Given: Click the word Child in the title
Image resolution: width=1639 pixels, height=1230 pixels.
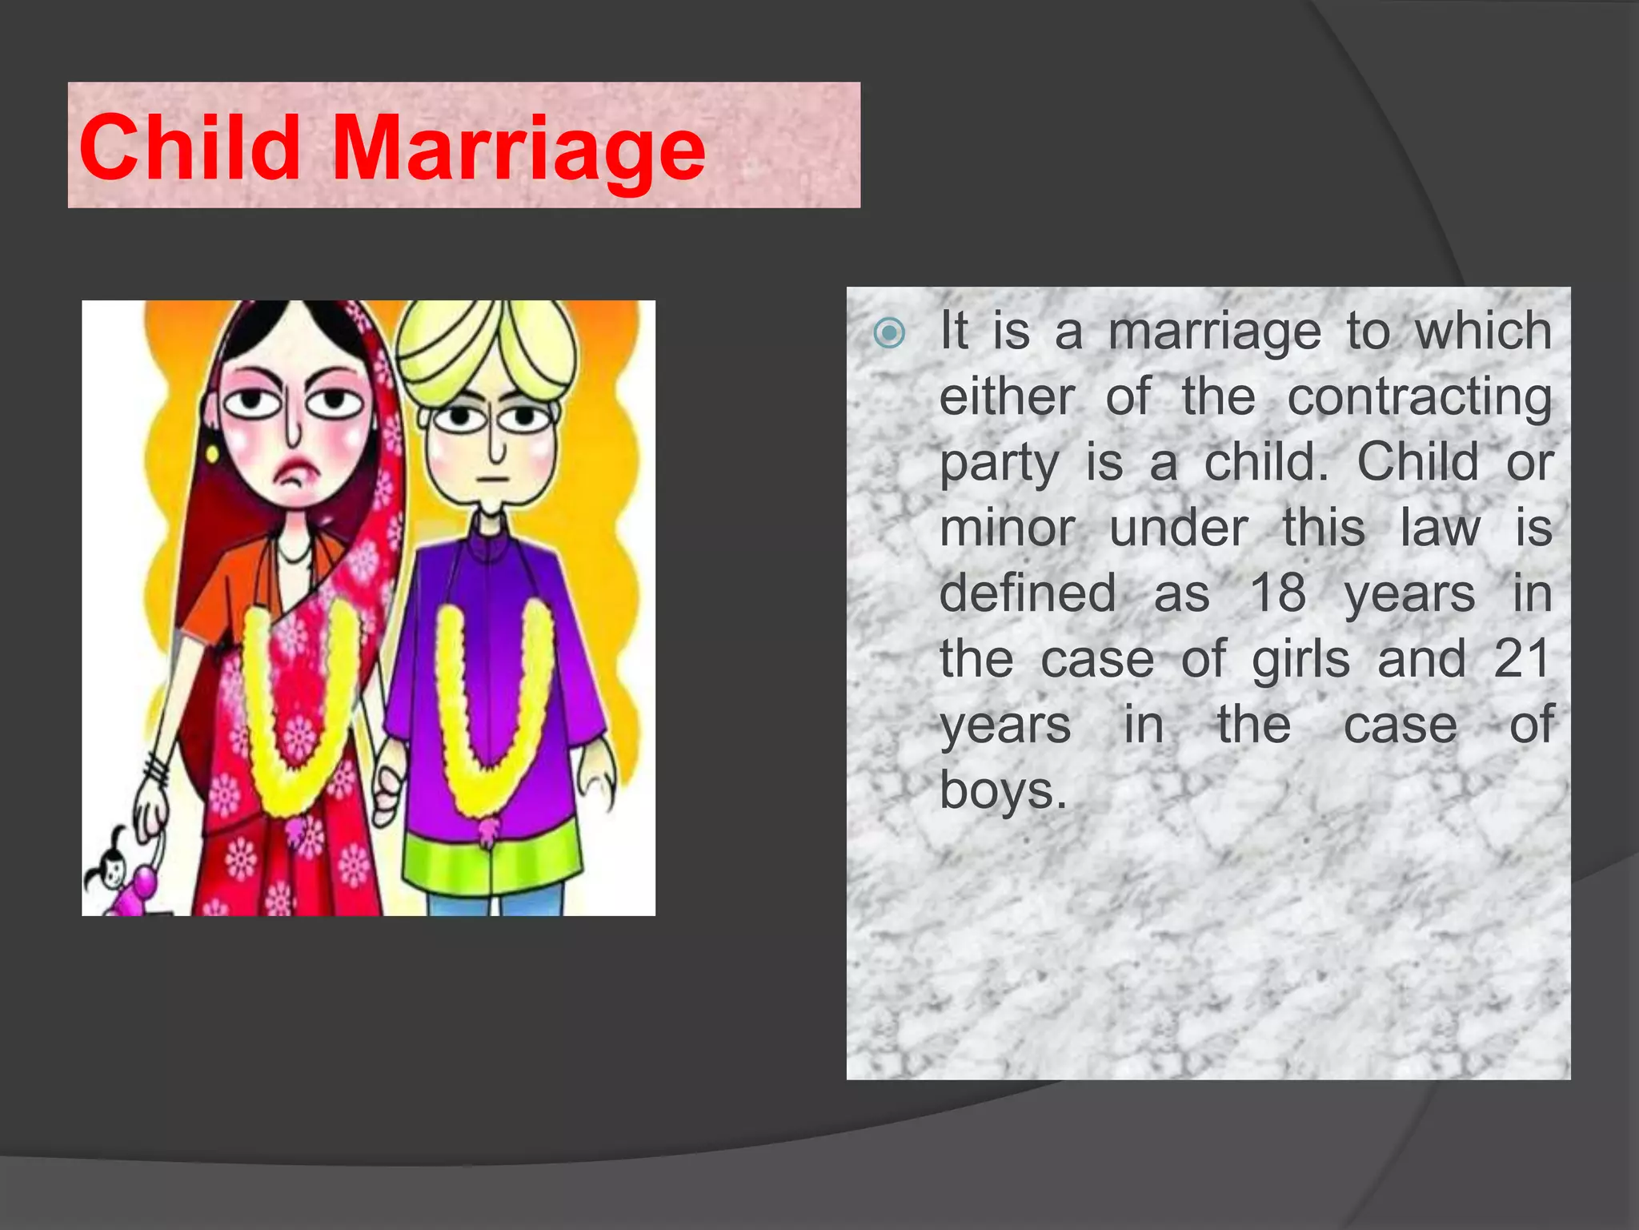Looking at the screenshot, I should tap(190, 147).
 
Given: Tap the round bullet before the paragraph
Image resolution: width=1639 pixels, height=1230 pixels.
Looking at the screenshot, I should tap(889, 332).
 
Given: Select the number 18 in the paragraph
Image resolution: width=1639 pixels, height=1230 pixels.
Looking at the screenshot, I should tap(1278, 593).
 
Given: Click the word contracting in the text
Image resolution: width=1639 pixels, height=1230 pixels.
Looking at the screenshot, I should tap(1419, 397).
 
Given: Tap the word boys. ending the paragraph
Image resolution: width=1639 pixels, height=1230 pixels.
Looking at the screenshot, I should tap(1003, 791).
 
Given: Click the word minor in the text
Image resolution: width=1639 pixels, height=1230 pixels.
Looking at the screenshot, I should tap(1007, 529).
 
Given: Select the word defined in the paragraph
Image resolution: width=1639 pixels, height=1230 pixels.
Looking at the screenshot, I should tap(1028, 593).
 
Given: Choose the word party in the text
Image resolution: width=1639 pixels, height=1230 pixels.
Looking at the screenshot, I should tap(999, 464).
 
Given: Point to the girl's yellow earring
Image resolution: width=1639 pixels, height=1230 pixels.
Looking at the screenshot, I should tap(212, 454).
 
